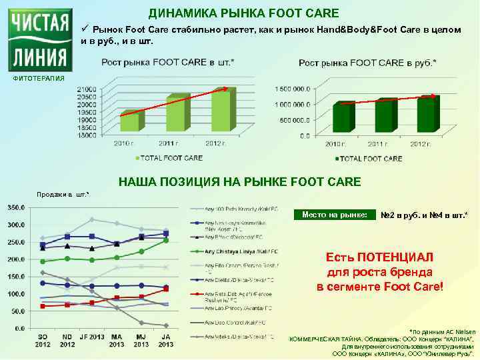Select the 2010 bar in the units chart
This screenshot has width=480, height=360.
[130, 121]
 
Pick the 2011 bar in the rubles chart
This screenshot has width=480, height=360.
[385, 116]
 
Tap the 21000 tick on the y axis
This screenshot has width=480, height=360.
[86, 89]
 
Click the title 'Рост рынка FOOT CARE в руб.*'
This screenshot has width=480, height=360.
[368, 63]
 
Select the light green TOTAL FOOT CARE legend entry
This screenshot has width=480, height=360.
[168, 158]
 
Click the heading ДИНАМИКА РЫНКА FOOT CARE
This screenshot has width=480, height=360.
[243, 13]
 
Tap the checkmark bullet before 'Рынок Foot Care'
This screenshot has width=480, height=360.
[85, 29]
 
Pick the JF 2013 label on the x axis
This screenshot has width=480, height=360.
[92, 339]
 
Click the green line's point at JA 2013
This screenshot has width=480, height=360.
[165, 240]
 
